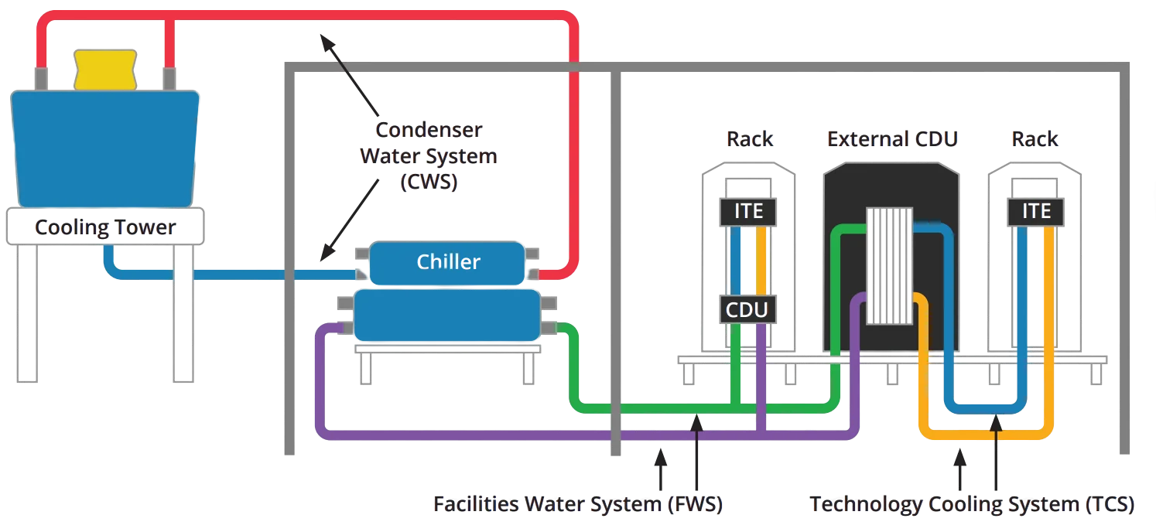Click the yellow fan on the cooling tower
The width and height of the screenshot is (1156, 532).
click(x=104, y=67)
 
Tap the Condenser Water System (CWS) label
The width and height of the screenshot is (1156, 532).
click(x=429, y=156)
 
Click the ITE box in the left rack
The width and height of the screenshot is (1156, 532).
click(x=747, y=210)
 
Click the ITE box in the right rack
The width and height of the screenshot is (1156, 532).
click(x=1032, y=210)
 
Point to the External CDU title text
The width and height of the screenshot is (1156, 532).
click(x=891, y=139)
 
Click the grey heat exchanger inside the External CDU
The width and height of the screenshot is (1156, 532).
click(x=890, y=265)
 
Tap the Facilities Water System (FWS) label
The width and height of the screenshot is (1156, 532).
click(x=577, y=505)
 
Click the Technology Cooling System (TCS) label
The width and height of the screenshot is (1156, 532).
click(x=973, y=505)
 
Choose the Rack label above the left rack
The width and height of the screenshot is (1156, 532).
click(x=749, y=139)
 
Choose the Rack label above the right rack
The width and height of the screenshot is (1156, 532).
click(x=1035, y=139)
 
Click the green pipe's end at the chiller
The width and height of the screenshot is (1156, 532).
click(x=559, y=329)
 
